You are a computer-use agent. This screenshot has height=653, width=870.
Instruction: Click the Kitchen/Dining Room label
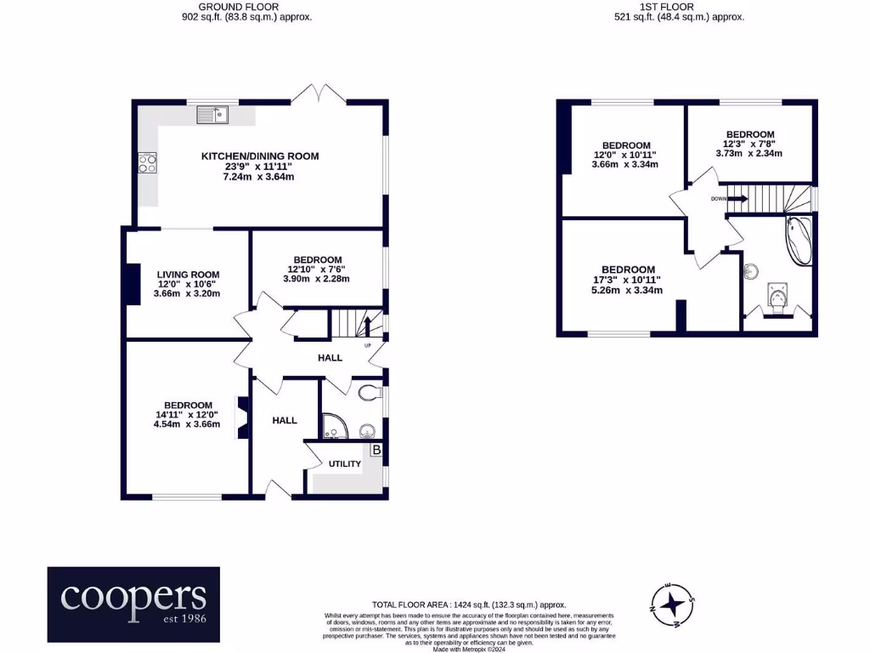[x=260, y=156]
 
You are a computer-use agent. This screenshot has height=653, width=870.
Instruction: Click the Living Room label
[x=188, y=275]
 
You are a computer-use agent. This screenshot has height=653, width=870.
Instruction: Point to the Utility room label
[x=345, y=464]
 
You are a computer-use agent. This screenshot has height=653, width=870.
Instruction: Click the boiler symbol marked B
[x=376, y=449]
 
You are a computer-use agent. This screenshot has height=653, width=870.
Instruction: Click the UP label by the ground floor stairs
[x=368, y=346]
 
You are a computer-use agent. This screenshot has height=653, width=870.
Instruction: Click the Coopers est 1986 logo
[x=133, y=605]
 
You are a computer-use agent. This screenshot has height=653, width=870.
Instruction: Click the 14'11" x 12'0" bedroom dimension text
[x=187, y=415]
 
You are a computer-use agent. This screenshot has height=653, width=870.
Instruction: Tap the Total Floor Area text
[x=469, y=603]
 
